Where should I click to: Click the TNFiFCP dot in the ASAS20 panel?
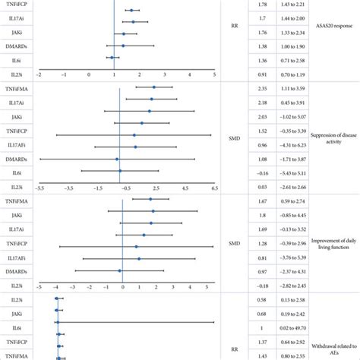(x=131, y=11)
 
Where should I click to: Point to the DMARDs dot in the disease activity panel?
(x=117, y=159)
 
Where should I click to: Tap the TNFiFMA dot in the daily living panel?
(x=150, y=199)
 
